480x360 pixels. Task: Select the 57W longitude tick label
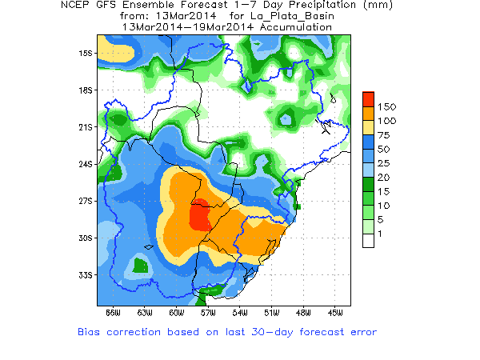click(x=207, y=312)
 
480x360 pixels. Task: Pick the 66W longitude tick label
click(x=113, y=312)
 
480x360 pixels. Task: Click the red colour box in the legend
click(x=368, y=98)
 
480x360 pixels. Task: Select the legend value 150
click(x=387, y=106)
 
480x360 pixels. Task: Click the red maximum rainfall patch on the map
click(x=200, y=214)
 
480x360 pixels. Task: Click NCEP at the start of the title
click(x=77, y=5)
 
